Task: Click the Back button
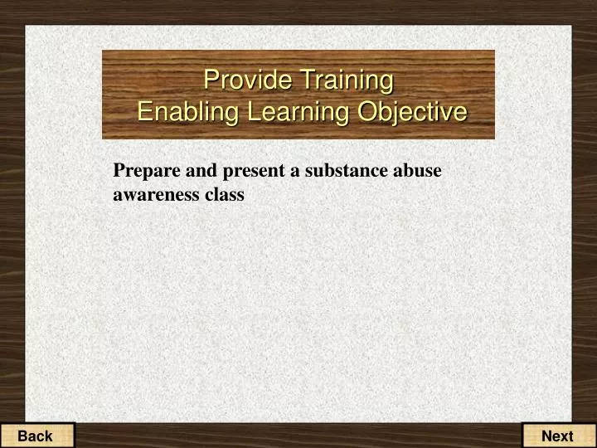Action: pos(36,436)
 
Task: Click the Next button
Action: pos(557,436)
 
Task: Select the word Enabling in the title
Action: pos(177,111)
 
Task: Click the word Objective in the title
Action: pos(412,111)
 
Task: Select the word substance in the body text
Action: pos(346,171)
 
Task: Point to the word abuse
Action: pos(418,171)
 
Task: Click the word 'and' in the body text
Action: pos(191,171)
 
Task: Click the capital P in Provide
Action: pos(211,80)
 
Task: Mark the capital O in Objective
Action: pos(367,111)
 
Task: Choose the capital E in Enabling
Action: pos(144,111)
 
